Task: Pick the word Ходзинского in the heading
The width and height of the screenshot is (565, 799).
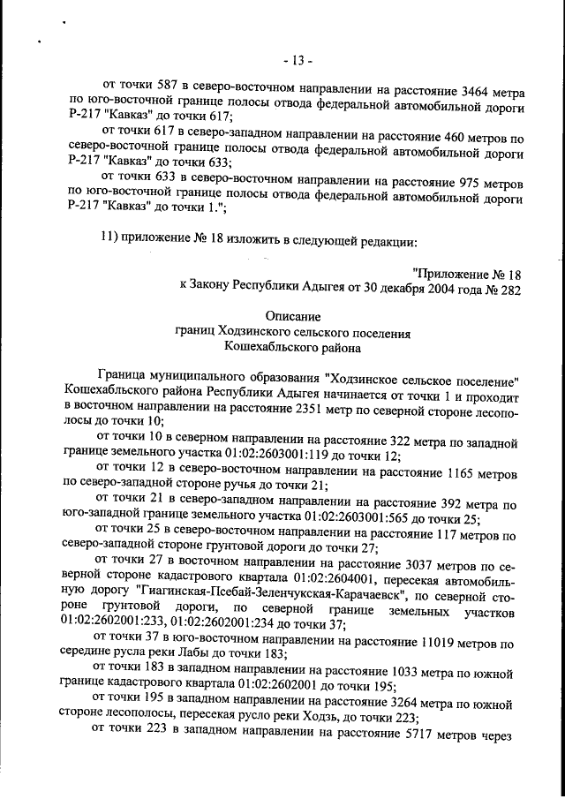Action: click(x=252, y=334)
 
